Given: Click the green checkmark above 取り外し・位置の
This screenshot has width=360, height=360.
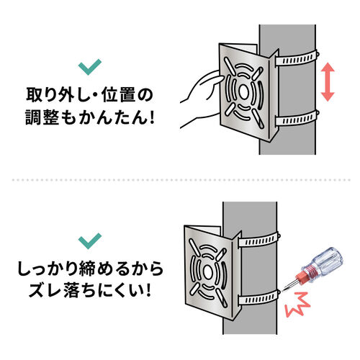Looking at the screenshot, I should (89, 68).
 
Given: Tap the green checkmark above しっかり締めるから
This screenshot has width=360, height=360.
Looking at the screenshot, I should (89, 239).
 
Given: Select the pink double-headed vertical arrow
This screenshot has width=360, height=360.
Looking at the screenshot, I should (327, 81).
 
